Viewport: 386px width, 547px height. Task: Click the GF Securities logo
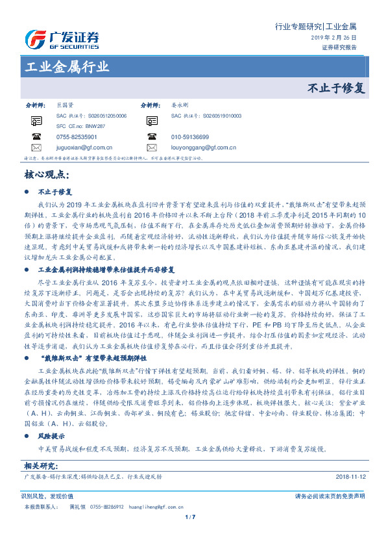[62, 38]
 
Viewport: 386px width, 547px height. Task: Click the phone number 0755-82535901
[77, 137]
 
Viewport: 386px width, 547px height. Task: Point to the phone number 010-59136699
[189, 137]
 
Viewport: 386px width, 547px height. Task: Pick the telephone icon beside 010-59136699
[151, 137]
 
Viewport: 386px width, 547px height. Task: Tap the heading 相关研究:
[42, 466]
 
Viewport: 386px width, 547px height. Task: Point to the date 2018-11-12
[350, 476]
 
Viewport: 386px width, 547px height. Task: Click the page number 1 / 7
[190, 516]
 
